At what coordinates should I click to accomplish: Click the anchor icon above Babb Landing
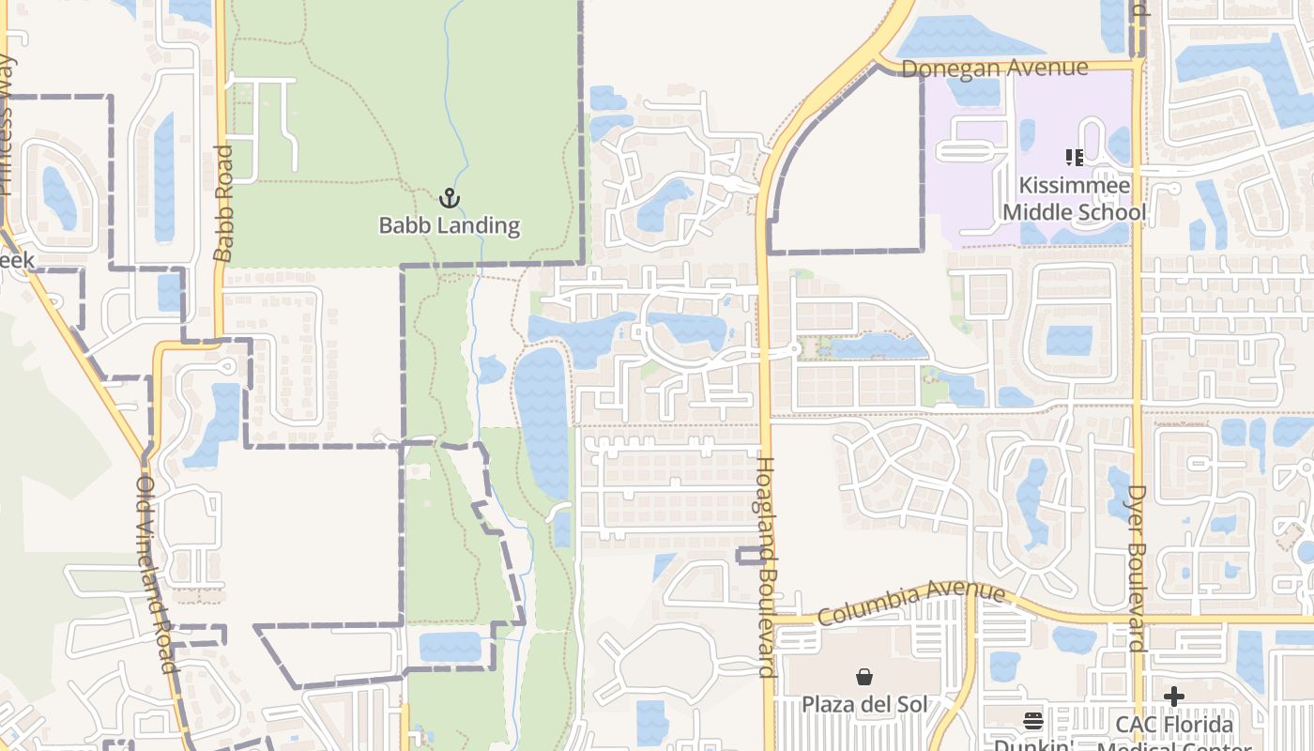point(450,197)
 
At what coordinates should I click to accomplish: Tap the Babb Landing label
point(449,225)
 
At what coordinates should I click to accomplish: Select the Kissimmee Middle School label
point(1074,199)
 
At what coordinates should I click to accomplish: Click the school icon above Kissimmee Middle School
point(1074,157)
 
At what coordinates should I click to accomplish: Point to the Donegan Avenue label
point(994,68)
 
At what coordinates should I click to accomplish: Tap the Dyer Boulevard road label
point(1137,568)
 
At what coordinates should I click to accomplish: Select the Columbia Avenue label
point(911,602)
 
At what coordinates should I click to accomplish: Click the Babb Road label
point(223,203)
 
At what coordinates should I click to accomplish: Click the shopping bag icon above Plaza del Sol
point(863,676)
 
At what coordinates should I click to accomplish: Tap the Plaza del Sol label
point(863,704)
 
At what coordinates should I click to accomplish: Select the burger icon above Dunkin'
point(1033,721)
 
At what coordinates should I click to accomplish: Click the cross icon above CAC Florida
point(1173,697)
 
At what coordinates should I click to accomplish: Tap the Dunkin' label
point(1032,744)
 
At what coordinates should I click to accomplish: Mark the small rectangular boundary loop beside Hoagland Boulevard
point(748,555)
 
